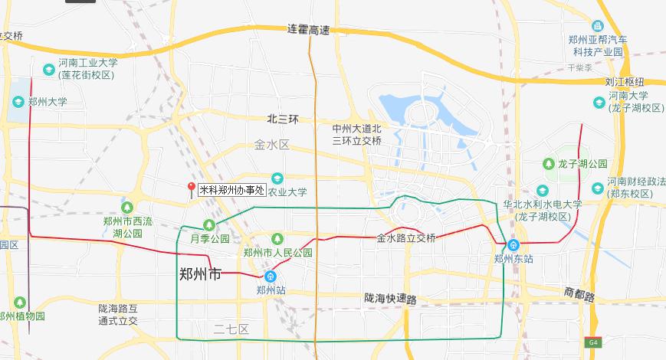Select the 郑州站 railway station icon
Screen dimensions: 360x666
[x=271, y=277]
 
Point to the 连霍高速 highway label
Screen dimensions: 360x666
[x=308, y=30]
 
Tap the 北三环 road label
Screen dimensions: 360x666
[x=282, y=119]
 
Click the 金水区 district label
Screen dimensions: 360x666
[x=271, y=145]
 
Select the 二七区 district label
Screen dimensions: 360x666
[x=231, y=329]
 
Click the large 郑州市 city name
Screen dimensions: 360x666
[x=199, y=273]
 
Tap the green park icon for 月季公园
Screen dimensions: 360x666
[x=208, y=225]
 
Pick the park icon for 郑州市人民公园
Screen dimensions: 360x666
[x=277, y=239]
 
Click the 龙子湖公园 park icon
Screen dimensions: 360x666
[x=549, y=164]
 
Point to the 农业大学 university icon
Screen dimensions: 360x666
[x=277, y=178]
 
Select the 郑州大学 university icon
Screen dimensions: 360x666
[x=18, y=101]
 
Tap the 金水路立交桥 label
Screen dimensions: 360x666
[x=406, y=238]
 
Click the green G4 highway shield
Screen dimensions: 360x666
[x=593, y=342]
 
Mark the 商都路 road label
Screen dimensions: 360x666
[x=579, y=292]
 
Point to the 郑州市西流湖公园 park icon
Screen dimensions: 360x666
[x=127, y=207]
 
